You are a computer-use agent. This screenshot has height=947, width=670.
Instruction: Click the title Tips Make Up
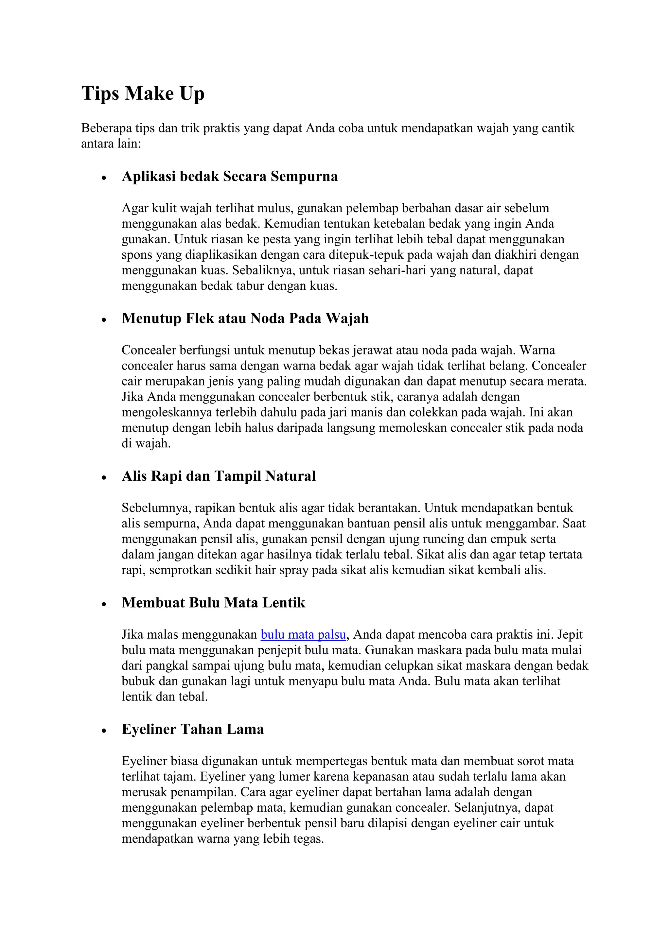point(143,93)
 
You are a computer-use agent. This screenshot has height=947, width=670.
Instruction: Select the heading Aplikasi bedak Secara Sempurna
point(229,177)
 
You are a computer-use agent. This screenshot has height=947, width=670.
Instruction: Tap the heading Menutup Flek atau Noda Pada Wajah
point(245,319)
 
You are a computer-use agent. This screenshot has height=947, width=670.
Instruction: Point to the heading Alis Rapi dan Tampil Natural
point(218,476)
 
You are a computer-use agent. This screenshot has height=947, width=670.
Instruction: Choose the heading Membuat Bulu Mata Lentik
point(213,603)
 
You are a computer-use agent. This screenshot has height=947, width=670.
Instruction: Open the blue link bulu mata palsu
point(303,635)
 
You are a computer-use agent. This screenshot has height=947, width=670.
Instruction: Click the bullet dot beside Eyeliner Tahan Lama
point(104,731)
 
